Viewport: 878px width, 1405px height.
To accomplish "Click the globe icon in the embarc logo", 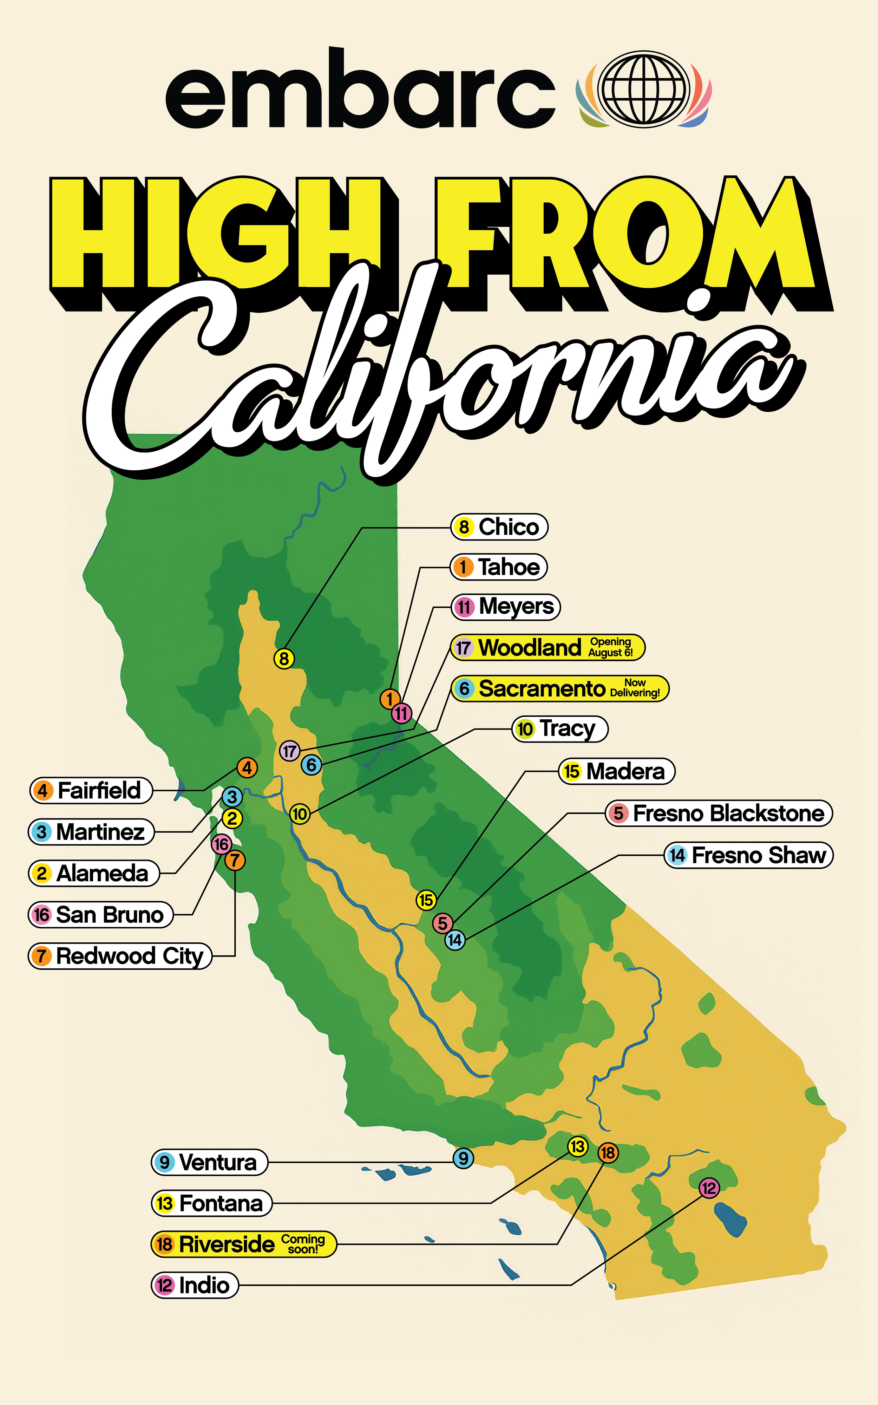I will (643, 89).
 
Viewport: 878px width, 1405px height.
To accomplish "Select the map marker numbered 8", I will (283, 658).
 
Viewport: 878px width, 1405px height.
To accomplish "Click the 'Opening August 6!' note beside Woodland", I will (610, 647).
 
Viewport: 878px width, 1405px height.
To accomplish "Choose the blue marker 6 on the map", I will (311, 765).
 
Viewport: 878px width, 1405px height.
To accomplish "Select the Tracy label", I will (560, 728).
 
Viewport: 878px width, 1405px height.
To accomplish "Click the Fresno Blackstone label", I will (719, 813).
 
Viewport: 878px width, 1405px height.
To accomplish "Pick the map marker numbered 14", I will (455, 939).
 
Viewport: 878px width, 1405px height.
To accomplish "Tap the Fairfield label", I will (91, 790).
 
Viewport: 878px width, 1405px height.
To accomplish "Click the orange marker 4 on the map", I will (247, 767).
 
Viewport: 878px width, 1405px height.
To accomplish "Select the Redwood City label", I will (120, 956).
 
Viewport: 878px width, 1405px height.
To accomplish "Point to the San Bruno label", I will (101, 914).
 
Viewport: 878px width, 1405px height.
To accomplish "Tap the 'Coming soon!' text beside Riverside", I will (302, 1243).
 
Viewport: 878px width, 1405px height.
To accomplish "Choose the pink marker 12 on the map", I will (708, 1187).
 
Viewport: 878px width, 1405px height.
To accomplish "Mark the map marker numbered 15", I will (426, 900).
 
